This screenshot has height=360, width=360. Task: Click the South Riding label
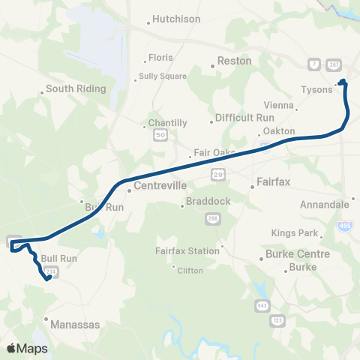tap(76, 88)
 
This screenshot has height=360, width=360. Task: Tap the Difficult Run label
tap(241, 118)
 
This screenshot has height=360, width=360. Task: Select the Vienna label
tap(279, 106)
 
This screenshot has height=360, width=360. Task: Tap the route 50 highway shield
tap(160, 133)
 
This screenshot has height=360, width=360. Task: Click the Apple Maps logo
tap(27, 348)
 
